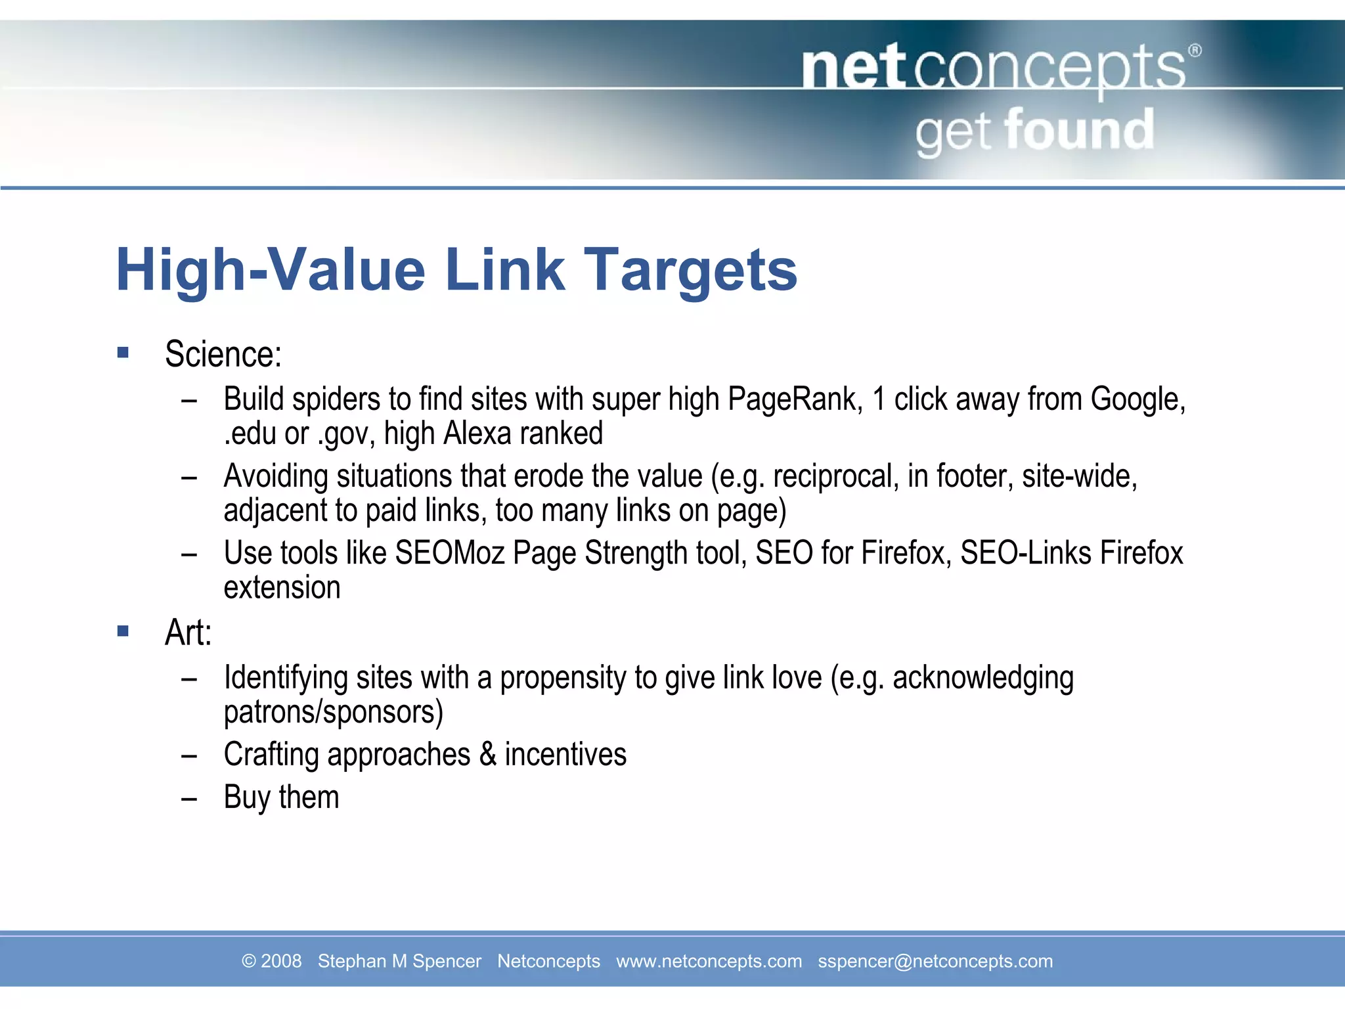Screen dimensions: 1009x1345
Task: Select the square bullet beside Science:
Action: point(123,353)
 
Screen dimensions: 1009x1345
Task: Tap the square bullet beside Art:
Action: point(123,631)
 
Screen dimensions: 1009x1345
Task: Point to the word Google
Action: point(1137,399)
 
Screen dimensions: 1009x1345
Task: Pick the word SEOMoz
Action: point(449,553)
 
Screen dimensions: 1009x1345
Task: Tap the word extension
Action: point(282,587)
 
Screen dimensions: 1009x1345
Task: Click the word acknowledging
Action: point(983,678)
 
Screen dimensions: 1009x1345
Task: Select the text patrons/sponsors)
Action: point(334,712)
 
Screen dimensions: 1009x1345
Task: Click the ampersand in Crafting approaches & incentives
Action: point(487,754)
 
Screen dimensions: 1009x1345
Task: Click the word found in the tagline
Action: point(1079,130)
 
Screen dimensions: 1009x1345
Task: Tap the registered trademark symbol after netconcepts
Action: point(1195,51)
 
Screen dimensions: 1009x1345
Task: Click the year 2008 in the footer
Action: point(281,961)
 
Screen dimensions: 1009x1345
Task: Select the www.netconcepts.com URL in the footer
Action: point(709,961)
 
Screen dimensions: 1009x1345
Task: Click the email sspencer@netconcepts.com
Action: point(935,961)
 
